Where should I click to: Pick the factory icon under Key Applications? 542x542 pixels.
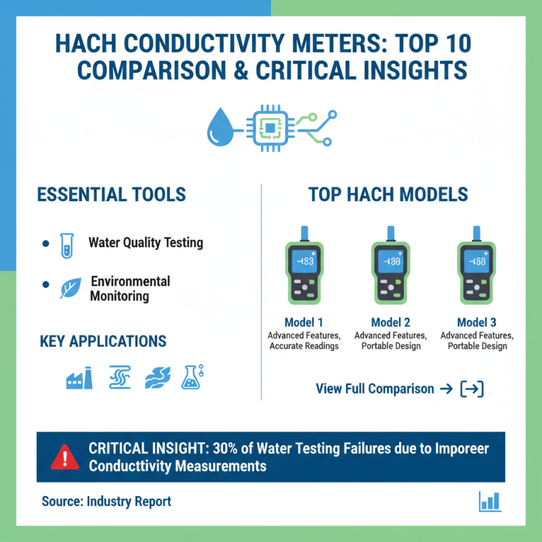[79, 378]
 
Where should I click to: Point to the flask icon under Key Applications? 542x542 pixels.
[192, 377]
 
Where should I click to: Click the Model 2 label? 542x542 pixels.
[390, 322]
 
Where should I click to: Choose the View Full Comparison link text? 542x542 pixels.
[375, 389]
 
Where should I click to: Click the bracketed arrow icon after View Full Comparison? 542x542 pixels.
[472, 389]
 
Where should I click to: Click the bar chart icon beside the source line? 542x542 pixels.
[489, 501]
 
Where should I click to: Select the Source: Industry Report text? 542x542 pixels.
[106, 501]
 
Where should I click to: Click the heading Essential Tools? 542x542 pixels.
[111, 194]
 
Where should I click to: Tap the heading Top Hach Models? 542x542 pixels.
[388, 194]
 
